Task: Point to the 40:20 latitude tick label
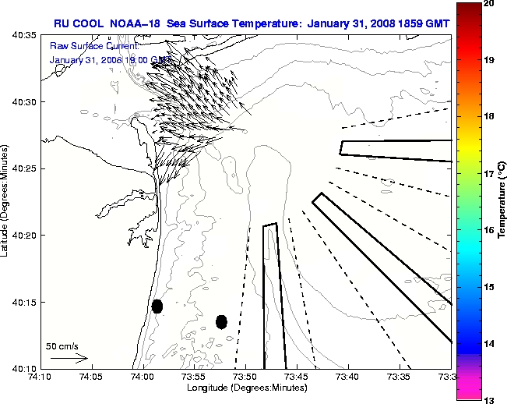pos(24,235)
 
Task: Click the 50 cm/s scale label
pos(62,346)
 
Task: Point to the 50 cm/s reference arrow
pos(69,359)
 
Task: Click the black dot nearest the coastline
pos(157,306)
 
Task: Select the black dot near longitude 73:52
pos(221,321)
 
